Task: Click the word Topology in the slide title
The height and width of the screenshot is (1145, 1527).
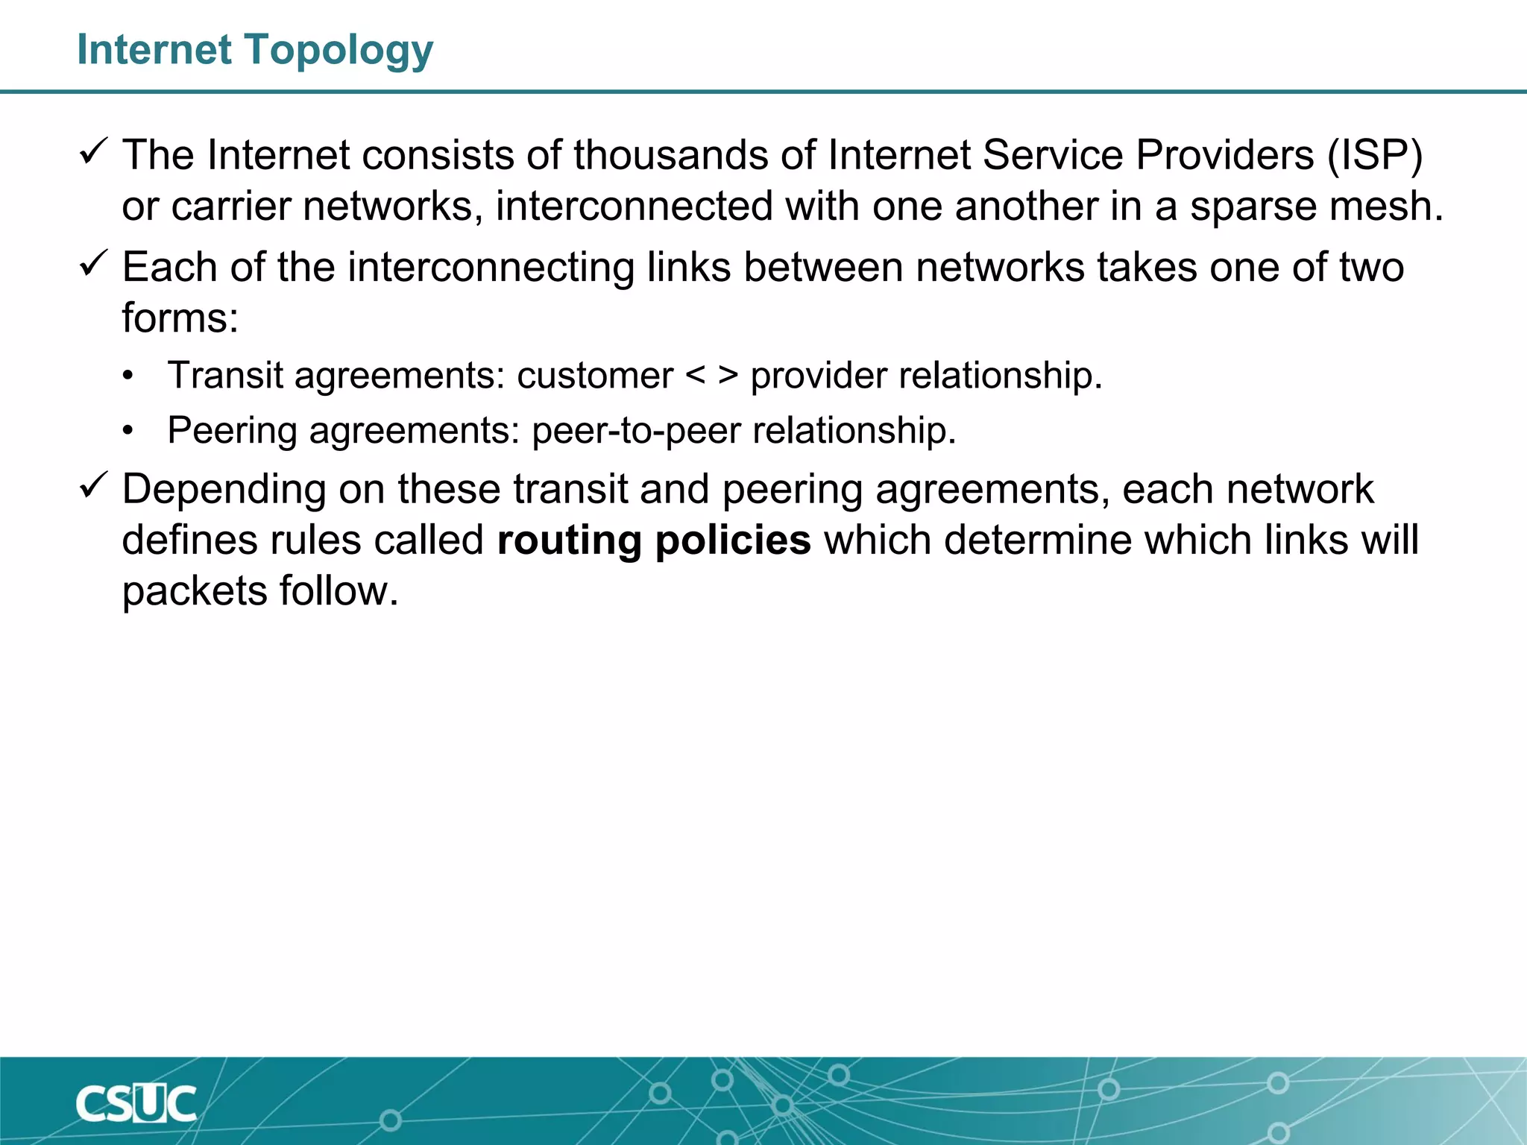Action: click(x=339, y=51)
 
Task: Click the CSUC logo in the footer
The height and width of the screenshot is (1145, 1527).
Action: click(x=136, y=1103)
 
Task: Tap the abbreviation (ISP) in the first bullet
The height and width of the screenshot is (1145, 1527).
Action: click(x=1375, y=156)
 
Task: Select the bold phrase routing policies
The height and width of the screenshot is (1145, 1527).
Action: click(x=654, y=540)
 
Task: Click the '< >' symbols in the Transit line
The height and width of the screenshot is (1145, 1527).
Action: click(x=711, y=375)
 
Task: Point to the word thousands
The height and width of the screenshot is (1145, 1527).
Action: click(x=670, y=156)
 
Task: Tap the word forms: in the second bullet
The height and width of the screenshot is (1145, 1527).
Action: click(x=180, y=318)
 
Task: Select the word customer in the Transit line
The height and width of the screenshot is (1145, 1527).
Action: click(x=595, y=375)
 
